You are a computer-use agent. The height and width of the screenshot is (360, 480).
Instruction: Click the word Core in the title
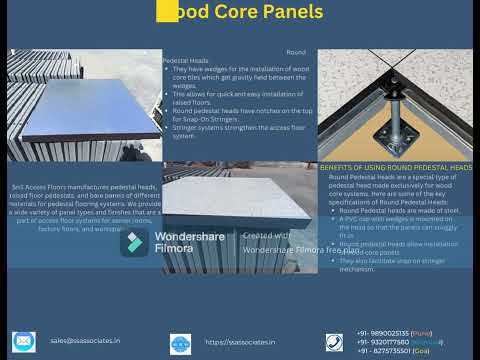[x=230, y=12]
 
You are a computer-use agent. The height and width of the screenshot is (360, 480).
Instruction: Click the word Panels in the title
[x=291, y=12]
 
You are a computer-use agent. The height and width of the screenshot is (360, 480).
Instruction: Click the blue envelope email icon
[x=23, y=341]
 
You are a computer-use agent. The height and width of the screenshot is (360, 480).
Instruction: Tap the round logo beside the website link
[x=180, y=343]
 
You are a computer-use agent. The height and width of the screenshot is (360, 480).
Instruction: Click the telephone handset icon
[x=334, y=342]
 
